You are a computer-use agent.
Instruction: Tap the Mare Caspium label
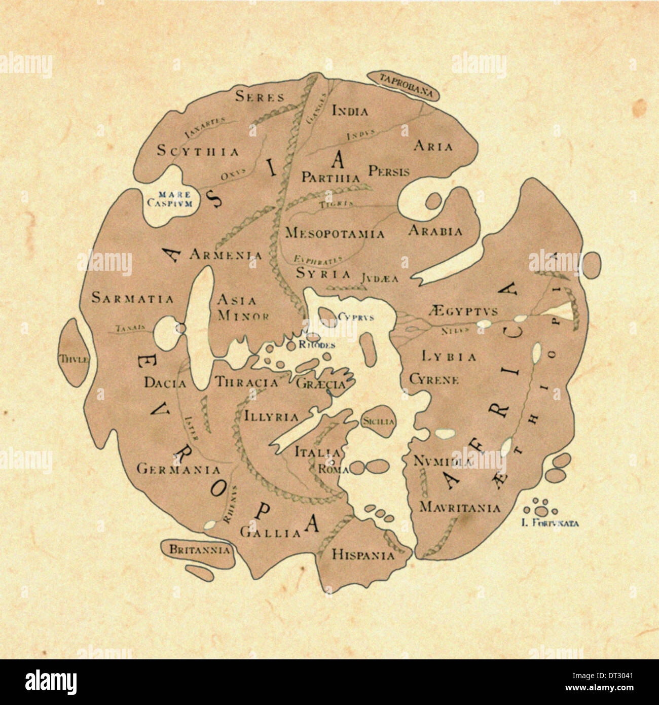[x=169, y=199]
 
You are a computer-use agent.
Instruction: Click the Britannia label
[x=199, y=549]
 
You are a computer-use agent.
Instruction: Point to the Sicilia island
[x=378, y=421]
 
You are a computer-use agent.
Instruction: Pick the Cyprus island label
[x=356, y=317]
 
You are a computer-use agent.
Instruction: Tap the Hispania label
[x=363, y=555]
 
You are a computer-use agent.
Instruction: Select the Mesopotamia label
[x=335, y=233]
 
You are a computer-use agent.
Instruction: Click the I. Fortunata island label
[x=550, y=524]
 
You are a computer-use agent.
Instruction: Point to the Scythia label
[x=198, y=151]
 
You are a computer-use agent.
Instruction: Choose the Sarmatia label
[x=132, y=298]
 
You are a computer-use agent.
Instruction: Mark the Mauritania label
[x=460, y=507]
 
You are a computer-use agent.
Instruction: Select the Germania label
[x=178, y=470]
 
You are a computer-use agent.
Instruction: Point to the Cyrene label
[x=434, y=379]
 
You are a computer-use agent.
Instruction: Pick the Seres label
[x=260, y=96]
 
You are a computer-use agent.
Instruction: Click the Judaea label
[x=380, y=278]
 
